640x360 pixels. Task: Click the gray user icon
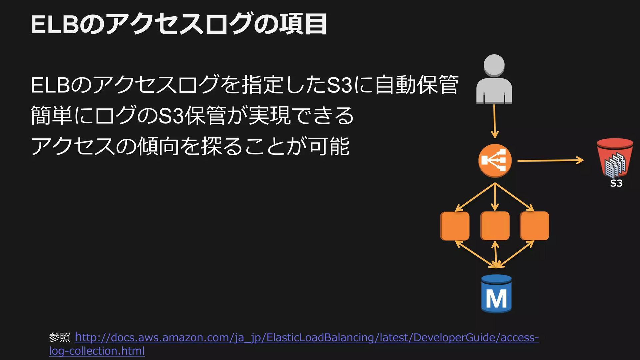494,79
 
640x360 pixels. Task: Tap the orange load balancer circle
495,161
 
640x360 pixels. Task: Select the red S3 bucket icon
615,158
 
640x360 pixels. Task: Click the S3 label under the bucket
616,183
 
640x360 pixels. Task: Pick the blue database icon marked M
496,294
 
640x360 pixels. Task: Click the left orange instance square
455,226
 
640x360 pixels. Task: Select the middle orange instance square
495,226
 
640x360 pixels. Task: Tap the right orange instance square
534,226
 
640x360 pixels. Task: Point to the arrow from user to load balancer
495,121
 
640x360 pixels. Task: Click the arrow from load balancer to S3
550,161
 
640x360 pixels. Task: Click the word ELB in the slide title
55,25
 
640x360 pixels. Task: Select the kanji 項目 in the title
303,24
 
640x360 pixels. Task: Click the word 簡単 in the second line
51,115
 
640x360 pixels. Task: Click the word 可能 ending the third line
329,146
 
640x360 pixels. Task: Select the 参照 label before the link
60,337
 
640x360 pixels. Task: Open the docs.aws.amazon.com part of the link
170,338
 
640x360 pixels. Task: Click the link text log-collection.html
97,351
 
